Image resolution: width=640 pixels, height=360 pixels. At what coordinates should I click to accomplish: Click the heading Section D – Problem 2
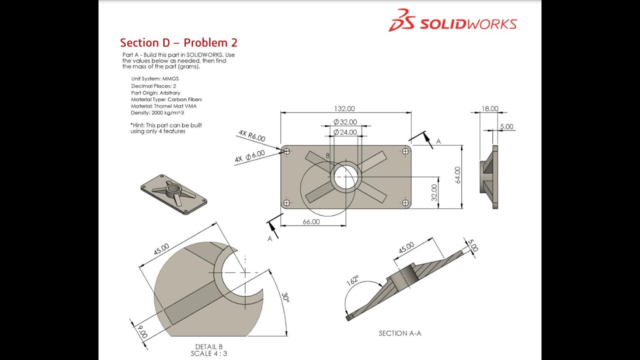(178, 42)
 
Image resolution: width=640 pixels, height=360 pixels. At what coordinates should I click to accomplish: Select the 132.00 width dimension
(344, 108)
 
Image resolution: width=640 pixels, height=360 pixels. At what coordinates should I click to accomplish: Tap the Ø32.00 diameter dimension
(345, 122)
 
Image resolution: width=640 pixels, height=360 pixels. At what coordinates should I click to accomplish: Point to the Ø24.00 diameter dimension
(345, 132)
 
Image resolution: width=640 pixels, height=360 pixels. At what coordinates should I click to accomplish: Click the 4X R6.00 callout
(252, 135)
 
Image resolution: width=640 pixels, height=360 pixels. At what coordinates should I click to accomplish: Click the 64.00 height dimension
(457, 175)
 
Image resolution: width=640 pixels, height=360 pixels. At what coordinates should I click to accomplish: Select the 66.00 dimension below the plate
(311, 221)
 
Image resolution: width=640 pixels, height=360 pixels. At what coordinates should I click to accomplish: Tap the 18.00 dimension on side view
(489, 108)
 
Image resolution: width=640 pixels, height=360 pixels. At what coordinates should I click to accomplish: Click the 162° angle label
(352, 281)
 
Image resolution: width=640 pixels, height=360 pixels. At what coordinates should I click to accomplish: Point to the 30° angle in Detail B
(285, 298)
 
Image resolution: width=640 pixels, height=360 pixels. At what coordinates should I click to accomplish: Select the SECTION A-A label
(399, 333)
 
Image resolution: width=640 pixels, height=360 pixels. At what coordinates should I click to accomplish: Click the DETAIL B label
(209, 346)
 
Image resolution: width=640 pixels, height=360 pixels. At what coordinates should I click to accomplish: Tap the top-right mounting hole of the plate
(405, 151)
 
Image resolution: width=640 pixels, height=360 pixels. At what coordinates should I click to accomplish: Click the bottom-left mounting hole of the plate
(286, 202)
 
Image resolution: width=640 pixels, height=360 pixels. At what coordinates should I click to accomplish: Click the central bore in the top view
(345, 177)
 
